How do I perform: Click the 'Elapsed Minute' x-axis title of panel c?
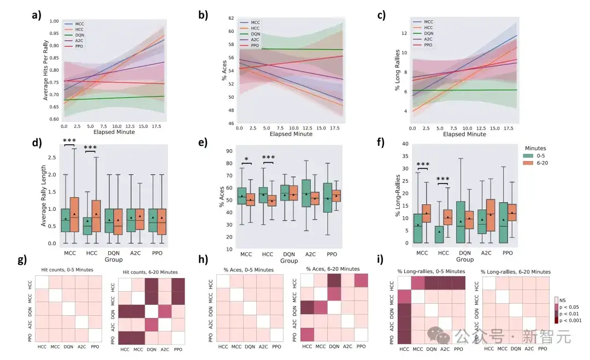pyautogui.click(x=464, y=134)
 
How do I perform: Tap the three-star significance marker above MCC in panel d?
pyautogui.click(x=70, y=141)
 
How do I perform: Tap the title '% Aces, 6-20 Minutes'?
pyautogui.click(x=332, y=269)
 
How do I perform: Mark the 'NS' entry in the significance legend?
pyautogui.click(x=564, y=299)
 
